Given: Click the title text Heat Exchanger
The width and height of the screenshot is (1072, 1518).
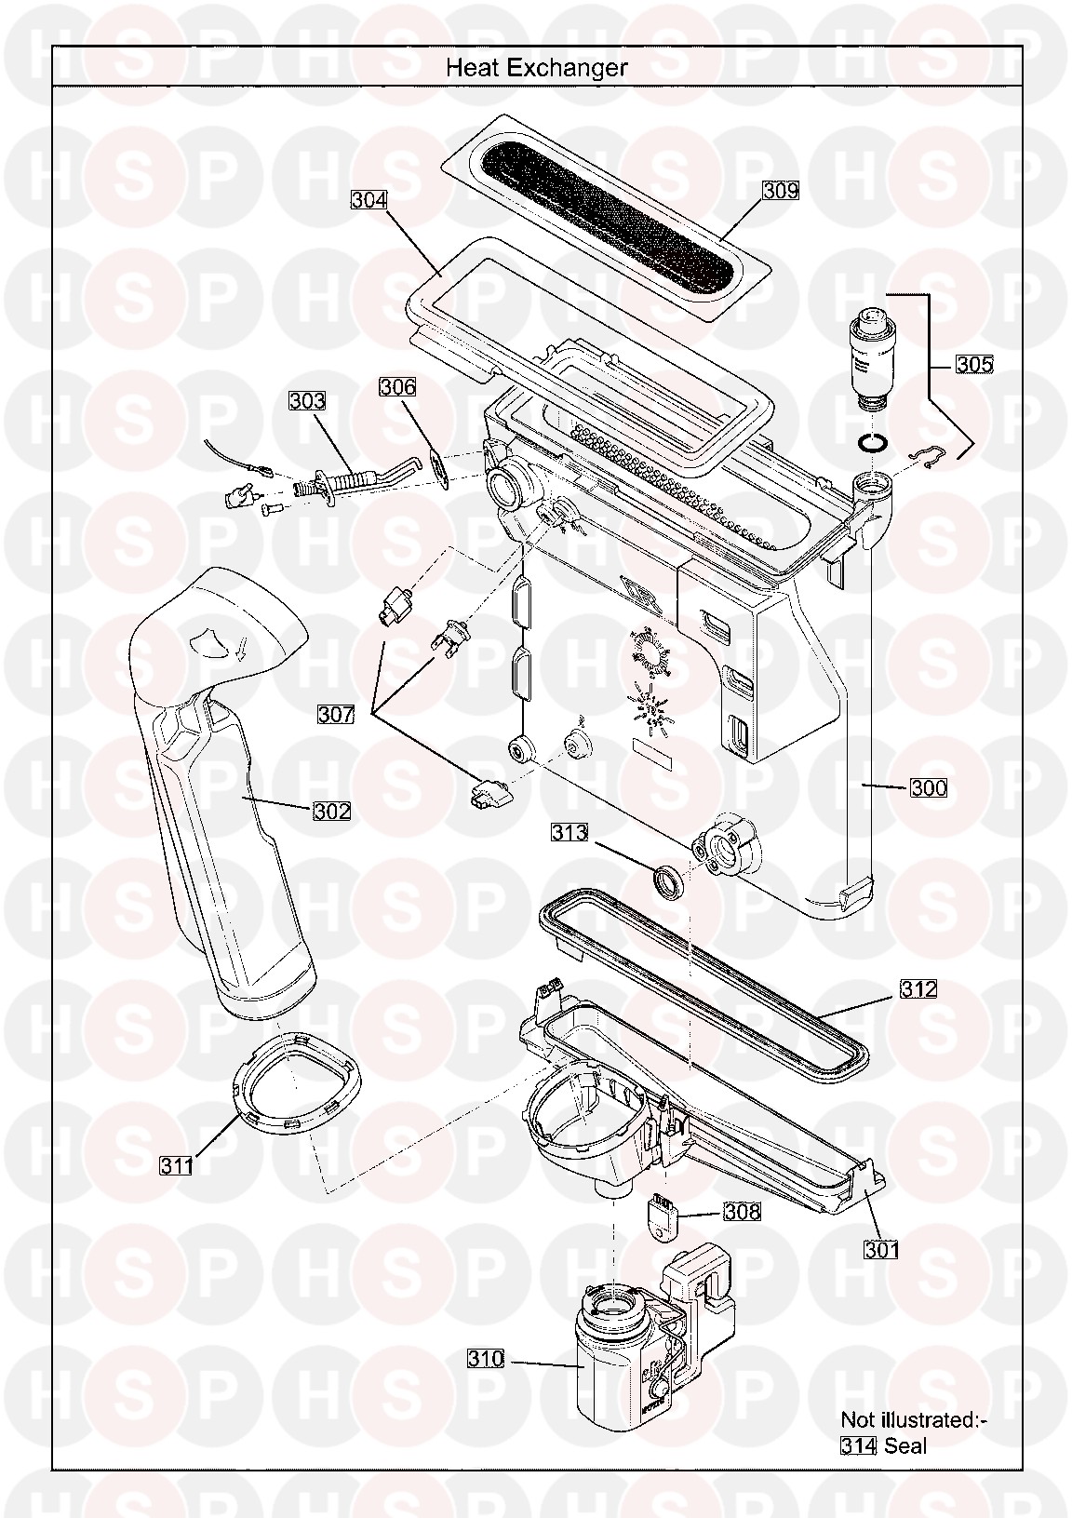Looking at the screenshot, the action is [x=536, y=68].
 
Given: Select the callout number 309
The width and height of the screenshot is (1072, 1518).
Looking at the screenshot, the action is [x=781, y=191].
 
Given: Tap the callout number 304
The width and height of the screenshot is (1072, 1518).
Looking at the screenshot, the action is [x=369, y=200].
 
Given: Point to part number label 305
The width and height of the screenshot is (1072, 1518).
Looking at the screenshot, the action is [x=974, y=365].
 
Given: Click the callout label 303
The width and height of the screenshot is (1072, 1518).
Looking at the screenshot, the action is [x=307, y=401].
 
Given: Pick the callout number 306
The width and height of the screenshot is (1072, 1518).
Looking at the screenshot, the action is [x=397, y=387].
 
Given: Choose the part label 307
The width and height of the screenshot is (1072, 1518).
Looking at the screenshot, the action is [x=337, y=714].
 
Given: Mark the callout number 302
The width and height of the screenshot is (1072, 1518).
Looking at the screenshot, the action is [x=332, y=812].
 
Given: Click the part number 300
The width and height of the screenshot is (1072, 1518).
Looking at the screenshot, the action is [x=929, y=787].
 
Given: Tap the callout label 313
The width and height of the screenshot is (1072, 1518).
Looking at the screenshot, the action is [x=569, y=832].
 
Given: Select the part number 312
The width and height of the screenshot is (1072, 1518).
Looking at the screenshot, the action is [x=918, y=989].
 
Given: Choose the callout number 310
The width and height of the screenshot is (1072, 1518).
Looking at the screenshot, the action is [x=486, y=1359].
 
